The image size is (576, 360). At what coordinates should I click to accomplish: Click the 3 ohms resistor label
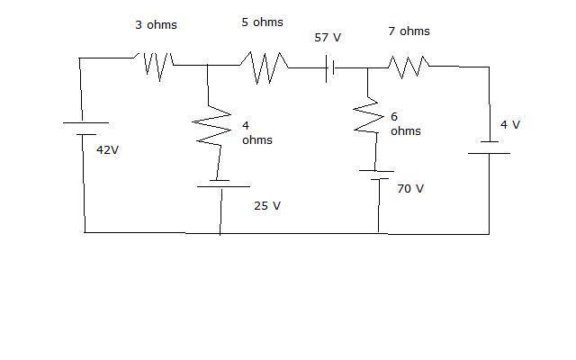coord(156,25)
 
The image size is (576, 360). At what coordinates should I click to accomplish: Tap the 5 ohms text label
coord(262,22)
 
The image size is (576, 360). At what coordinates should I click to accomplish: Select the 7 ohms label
coord(409,31)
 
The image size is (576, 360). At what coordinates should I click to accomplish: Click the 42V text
coord(107,150)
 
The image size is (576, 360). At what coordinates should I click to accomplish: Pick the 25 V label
coord(266,206)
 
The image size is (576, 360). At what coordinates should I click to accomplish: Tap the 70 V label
coord(409,189)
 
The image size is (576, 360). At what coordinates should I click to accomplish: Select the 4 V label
coord(509,125)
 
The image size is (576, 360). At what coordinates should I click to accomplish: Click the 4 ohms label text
coord(256,133)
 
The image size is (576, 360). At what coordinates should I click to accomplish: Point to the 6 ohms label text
coord(405,124)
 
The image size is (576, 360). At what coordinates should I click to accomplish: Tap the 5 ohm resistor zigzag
coord(264,66)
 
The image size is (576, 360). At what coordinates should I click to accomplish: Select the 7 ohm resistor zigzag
coord(409,65)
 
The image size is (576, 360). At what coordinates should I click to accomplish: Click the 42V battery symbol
coord(85,129)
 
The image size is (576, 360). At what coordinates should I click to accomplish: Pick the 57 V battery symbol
coord(330,67)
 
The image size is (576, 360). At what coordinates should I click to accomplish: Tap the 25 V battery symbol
coord(221,183)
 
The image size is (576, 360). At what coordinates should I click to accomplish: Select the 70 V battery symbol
coord(379,175)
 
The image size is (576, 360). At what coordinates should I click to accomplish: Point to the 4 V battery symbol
coord(489,147)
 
